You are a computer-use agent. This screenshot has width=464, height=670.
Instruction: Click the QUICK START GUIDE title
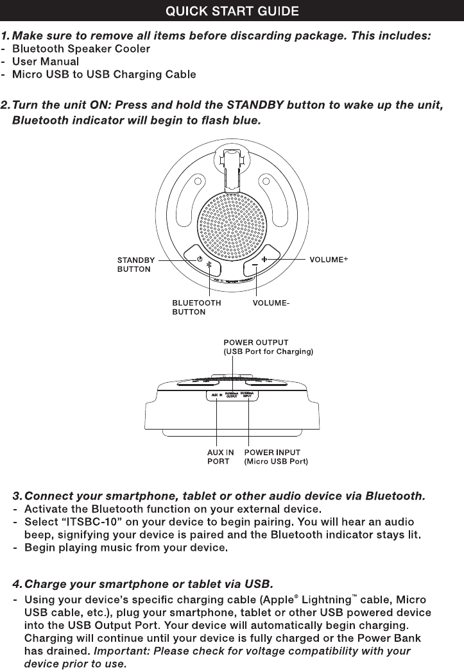click(x=232, y=11)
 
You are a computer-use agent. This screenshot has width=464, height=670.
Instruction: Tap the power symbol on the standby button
click(x=200, y=259)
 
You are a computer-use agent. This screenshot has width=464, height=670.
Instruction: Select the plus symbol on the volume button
click(x=264, y=260)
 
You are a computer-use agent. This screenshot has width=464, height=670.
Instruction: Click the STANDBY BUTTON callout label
click(x=135, y=265)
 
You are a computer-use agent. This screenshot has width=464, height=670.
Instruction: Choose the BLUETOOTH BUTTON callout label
click(x=196, y=307)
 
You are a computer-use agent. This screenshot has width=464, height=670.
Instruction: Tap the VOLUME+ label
click(x=329, y=260)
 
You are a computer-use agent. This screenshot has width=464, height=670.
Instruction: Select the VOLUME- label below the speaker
click(x=272, y=302)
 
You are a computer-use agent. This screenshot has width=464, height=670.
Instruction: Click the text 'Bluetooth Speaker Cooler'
click(x=82, y=49)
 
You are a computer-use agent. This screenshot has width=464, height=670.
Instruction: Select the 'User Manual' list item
click(x=46, y=62)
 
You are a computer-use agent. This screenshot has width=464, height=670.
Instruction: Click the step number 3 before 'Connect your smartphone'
click(x=16, y=496)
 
